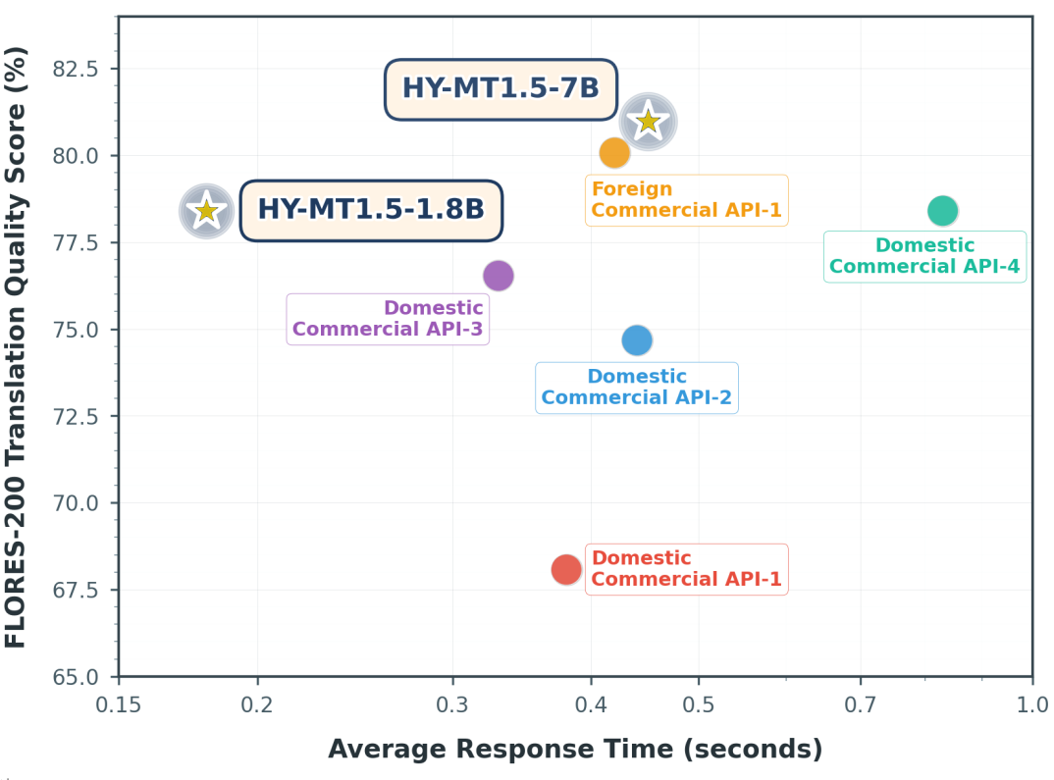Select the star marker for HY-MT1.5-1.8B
click(206, 210)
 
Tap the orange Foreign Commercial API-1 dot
click(614, 153)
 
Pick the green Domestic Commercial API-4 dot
click(942, 210)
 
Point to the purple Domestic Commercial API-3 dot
click(499, 276)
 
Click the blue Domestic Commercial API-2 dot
click(637, 340)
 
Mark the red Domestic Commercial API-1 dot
click(566, 569)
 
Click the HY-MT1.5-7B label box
click(501, 88)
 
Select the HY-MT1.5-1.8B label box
click(371, 210)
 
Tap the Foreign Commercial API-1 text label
click(686, 200)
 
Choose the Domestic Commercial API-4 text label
click(924, 256)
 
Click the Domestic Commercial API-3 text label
click(388, 319)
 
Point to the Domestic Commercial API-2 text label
click(637, 388)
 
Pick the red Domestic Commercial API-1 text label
click(686, 569)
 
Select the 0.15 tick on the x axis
click(119, 703)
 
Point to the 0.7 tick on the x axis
click(860, 703)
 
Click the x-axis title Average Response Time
click(575, 750)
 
